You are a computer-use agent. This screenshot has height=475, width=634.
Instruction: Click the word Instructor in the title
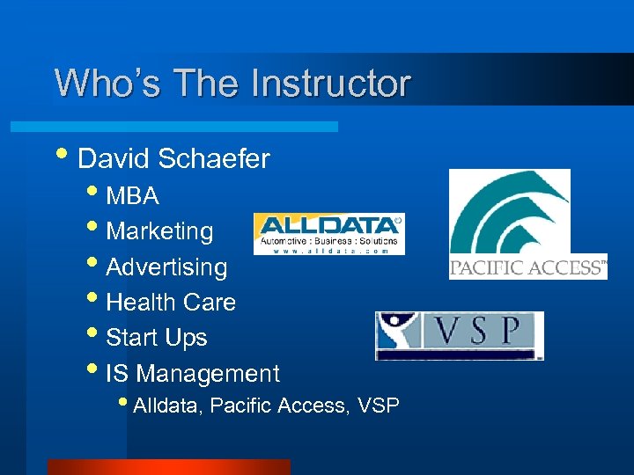tap(330, 84)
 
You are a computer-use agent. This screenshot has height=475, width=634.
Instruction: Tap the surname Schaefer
tap(214, 159)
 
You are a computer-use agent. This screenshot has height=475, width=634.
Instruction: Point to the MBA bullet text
tap(132, 195)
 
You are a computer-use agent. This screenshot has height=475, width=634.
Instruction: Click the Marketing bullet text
tap(159, 231)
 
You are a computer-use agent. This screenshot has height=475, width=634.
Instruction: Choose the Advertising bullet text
tap(166, 267)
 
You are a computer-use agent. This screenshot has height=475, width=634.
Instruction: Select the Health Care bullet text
tap(171, 303)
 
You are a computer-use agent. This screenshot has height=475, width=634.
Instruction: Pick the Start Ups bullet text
tap(157, 338)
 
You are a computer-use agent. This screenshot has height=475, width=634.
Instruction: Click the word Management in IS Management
tap(209, 374)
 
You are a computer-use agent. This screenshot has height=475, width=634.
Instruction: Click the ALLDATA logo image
tap(328, 234)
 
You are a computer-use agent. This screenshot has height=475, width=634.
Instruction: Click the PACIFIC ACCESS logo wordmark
tap(528, 268)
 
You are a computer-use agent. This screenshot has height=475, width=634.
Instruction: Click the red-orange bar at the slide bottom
tap(168, 467)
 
